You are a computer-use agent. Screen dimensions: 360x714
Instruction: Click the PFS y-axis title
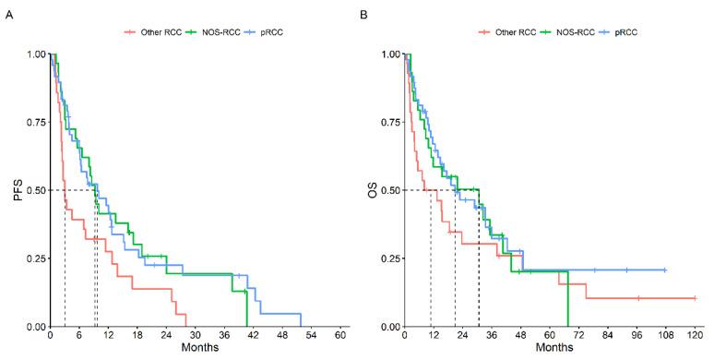[12, 190]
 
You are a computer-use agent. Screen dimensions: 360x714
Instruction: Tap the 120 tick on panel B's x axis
[694, 335]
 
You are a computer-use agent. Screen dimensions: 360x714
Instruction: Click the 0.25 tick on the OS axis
[389, 258]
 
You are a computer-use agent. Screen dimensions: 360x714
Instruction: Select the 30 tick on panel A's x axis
[195, 335]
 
